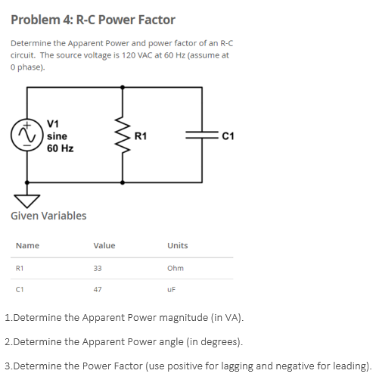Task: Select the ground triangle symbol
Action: tap(28, 198)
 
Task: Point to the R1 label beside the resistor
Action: tap(141, 136)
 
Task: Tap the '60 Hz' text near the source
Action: tap(60, 148)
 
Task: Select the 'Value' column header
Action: tap(104, 245)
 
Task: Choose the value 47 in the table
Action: tap(97, 288)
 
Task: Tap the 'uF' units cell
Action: tap(172, 288)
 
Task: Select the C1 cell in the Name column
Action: tap(20, 288)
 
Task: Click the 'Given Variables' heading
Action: tap(48, 216)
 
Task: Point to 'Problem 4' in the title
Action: tap(42, 20)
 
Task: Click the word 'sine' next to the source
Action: tap(57, 136)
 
